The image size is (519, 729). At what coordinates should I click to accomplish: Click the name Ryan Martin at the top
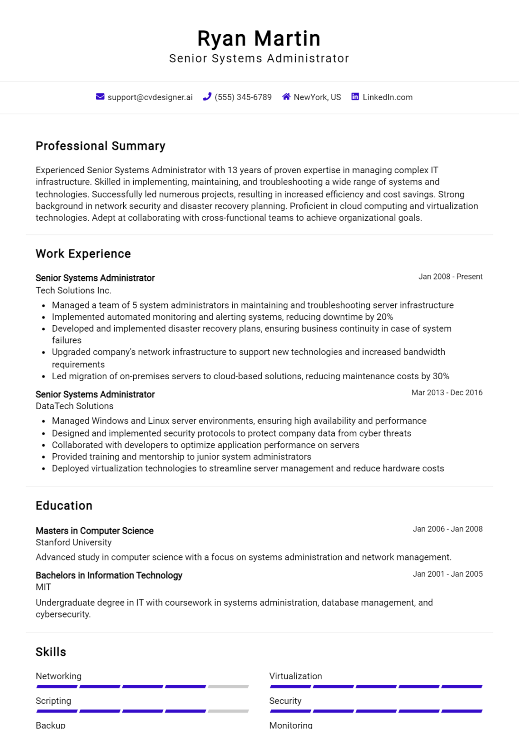259,38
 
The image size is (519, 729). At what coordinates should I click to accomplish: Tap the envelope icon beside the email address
100,97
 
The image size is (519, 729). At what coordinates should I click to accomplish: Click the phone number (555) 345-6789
243,97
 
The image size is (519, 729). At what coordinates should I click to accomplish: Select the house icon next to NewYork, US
286,97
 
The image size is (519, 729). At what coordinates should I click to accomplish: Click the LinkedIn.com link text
387,97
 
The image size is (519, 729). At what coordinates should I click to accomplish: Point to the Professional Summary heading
100,146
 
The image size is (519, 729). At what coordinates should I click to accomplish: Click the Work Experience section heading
83,254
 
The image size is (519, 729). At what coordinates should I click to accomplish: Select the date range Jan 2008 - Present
450,277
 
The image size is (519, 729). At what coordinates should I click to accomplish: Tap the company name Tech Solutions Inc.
73,290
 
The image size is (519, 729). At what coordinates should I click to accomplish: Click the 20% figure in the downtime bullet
385,317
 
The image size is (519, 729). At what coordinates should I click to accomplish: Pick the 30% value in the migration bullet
441,376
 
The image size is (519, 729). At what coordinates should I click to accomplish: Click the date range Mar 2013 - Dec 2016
446,393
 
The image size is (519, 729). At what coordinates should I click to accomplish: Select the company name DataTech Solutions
74,406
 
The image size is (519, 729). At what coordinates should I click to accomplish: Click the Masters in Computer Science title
94,531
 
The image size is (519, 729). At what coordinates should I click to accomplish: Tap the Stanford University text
73,542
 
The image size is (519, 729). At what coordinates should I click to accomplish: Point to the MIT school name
43,587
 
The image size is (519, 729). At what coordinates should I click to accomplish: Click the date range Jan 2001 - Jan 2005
447,574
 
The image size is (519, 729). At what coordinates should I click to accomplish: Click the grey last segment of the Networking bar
228,686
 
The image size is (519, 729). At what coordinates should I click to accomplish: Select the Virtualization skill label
295,676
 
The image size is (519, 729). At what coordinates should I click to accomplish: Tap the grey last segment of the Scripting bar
228,711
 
